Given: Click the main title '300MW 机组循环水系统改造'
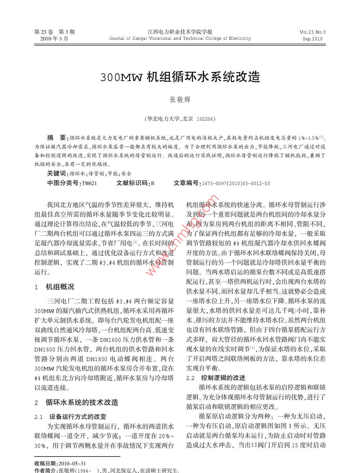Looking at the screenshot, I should [180, 77].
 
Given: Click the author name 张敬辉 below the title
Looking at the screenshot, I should [180, 100].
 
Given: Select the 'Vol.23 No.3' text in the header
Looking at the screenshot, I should [312, 32].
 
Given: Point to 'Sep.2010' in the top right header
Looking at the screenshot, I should [313, 39].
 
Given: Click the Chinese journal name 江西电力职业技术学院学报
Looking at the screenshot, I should [180, 32].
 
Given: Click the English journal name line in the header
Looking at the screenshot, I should [180, 38].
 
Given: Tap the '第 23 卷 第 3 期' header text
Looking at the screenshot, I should [54, 32].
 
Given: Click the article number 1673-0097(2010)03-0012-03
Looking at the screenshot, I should [235, 184].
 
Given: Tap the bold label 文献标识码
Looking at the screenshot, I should [132, 183].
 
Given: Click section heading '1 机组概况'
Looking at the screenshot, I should [54, 287].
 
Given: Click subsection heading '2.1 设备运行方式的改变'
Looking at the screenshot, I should [70, 417].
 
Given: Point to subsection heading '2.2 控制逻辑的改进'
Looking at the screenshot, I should [215, 378].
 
